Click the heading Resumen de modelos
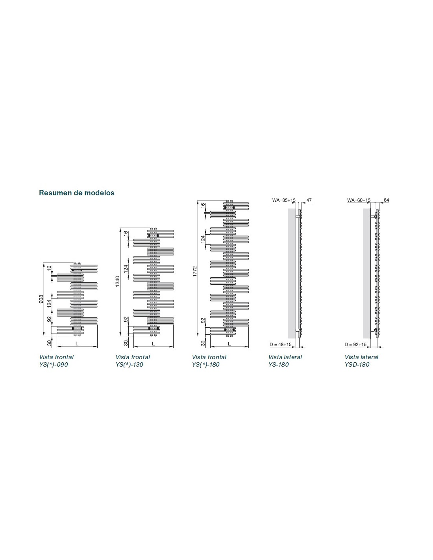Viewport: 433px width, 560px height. pyautogui.click(x=77, y=193)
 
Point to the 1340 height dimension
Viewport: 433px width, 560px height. pyautogui.click(x=117, y=281)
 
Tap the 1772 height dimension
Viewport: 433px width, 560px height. pyautogui.click(x=194, y=271)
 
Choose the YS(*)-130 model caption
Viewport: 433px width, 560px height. pyautogui.click(x=130, y=365)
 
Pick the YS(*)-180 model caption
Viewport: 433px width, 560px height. pyautogui.click(x=206, y=365)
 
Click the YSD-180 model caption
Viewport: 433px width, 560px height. pyautogui.click(x=357, y=365)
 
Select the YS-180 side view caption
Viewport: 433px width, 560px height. pyautogui.click(x=279, y=365)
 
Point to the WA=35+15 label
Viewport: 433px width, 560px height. pyautogui.click(x=284, y=200)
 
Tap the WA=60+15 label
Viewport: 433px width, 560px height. pyautogui.click(x=359, y=200)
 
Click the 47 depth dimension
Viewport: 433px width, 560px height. pyautogui.click(x=309, y=200)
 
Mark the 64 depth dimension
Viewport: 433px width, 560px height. pyautogui.click(x=386, y=200)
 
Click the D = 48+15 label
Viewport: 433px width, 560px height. pyautogui.click(x=281, y=345)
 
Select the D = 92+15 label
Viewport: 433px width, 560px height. pyautogui.click(x=355, y=345)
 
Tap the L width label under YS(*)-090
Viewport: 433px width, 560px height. pyautogui.click(x=77, y=343)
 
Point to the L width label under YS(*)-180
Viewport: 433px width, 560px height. pyautogui.click(x=229, y=344)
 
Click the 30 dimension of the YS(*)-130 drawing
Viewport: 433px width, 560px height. pyautogui.click(x=126, y=343)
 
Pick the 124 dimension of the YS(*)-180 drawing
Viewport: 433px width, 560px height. pyautogui.click(x=203, y=239)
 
